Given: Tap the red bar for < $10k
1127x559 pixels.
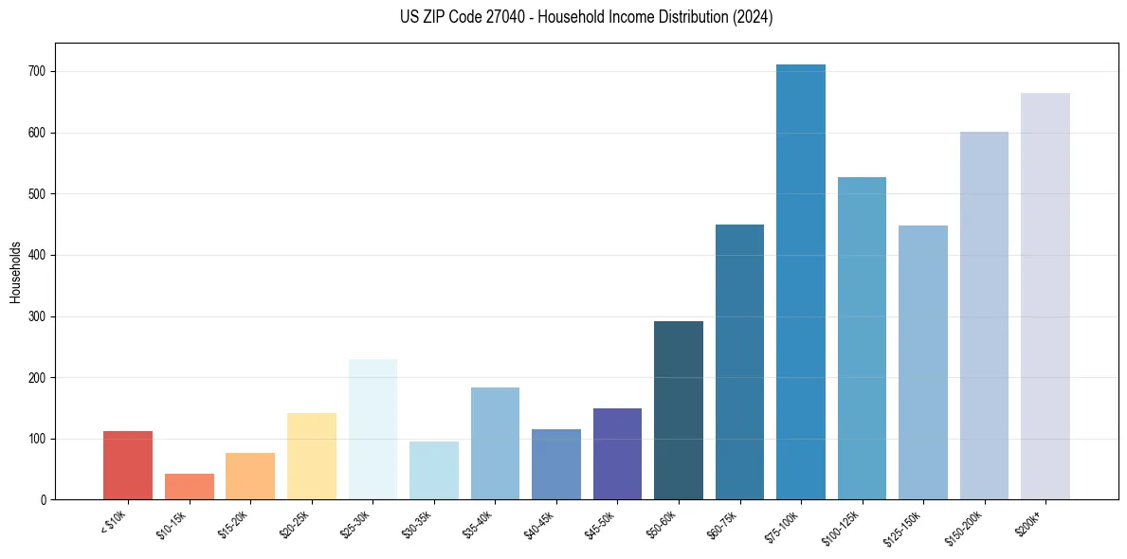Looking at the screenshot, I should (x=128, y=465).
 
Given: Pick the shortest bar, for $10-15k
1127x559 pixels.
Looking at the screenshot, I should (x=189, y=486).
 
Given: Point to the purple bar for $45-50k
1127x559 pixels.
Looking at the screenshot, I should (x=617, y=454).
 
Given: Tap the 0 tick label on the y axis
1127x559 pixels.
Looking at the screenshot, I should (x=45, y=499).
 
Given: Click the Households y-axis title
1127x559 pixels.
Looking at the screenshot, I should (x=16, y=272).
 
